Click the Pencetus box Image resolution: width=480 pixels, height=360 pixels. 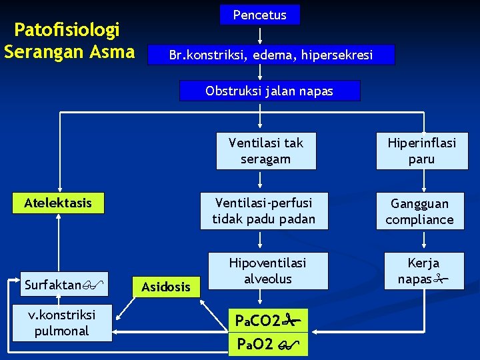(x=260, y=15)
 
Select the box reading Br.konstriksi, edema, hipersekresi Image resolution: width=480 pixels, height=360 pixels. (x=271, y=55)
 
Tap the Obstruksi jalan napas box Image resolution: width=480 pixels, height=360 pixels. (x=269, y=91)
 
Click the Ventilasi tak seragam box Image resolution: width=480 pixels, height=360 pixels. (x=265, y=151)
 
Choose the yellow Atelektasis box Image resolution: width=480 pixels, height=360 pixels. (x=58, y=203)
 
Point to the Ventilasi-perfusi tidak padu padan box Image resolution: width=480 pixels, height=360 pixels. (x=264, y=210)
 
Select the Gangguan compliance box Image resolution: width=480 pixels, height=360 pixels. (x=421, y=211)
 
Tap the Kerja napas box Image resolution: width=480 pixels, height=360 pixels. (x=423, y=271)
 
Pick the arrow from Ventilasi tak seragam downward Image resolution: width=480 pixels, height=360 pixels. (x=259, y=181)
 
